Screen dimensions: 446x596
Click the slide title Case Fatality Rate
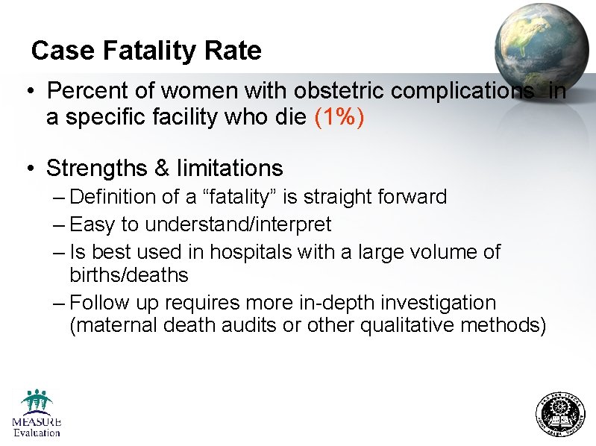tap(146, 51)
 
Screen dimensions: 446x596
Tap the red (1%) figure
tap(339, 118)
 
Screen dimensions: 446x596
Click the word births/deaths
tap(128, 275)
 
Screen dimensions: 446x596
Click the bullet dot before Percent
tap(26, 92)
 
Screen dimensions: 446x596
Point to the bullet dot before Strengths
tap(26, 169)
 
